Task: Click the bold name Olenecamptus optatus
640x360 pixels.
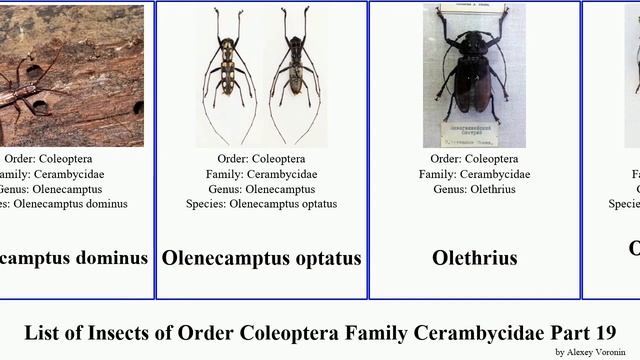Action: coord(261,258)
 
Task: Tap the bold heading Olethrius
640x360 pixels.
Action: coord(474,258)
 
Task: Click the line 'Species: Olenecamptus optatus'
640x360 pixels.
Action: coord(261,204)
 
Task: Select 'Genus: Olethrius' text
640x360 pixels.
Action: coord(474,189)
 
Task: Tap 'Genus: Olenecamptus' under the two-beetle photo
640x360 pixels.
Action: coord(261,189)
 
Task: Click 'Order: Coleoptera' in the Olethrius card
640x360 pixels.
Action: coord(474,159)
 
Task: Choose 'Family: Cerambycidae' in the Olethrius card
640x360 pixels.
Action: coord(474,174)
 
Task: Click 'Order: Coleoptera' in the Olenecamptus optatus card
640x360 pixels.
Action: coord(261,159)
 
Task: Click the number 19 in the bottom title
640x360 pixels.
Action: coord(605,332)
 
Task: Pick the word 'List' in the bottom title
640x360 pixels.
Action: coord(43,332)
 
